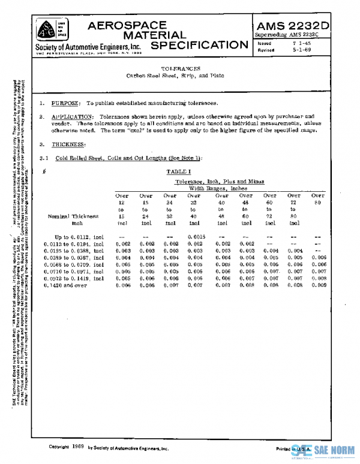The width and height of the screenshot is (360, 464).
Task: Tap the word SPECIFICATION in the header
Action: pyautogui.click(x=199, y=46)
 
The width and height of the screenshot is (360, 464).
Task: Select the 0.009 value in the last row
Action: pyautogui.click(x=318, y=285)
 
